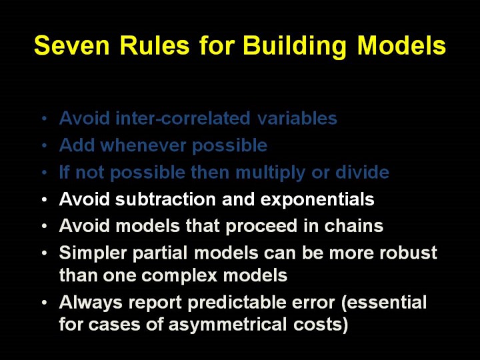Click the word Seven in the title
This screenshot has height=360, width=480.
click(71, 45)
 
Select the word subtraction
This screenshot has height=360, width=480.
click(165, 199)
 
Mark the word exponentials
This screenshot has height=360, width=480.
click(317, 200)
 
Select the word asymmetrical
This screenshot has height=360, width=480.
click(227, 325)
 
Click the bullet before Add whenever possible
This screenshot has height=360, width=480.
click(45, 146)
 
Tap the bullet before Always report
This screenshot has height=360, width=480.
click(45, 303)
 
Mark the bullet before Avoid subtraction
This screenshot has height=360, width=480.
click(45, 200)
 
